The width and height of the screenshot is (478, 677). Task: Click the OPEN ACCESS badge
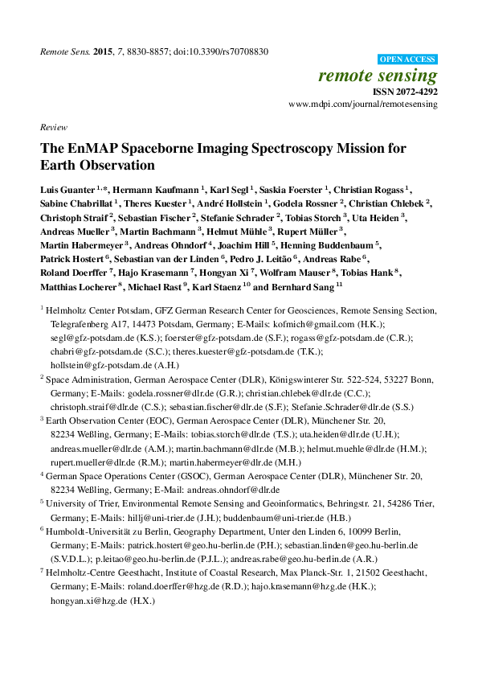click(x=407, y=59)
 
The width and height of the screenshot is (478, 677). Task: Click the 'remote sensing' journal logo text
click(x=378, y=76)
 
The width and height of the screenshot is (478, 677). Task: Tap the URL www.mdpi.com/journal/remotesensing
click(x=362, y=105)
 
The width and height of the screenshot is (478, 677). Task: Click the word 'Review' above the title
click(x=52, y=128)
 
